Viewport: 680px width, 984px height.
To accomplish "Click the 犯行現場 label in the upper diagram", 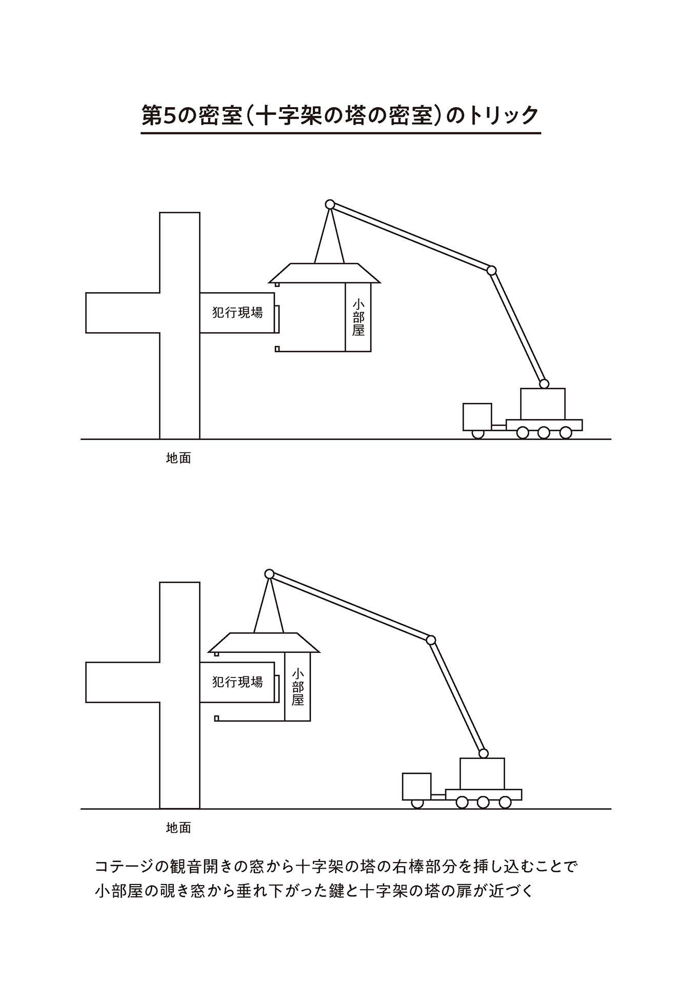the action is [x=237, y=312].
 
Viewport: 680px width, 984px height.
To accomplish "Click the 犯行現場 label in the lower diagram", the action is [x=237, y=682].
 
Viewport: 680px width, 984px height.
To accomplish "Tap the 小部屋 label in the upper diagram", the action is [x=358, y=318].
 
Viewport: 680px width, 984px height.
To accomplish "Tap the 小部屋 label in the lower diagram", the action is [x=298, y=687].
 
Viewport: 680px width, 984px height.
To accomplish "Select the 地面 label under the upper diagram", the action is [x=178, y=458].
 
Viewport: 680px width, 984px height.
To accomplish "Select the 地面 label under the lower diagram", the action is [x=178, y=828].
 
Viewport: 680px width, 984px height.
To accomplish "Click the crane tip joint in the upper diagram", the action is [x=330, y=204].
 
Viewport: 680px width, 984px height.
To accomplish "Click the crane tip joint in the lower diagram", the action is [x=269, y=574].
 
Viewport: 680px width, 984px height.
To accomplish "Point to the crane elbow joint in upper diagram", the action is [x=491, y=270].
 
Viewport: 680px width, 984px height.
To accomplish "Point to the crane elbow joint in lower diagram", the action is [x=431, y=640].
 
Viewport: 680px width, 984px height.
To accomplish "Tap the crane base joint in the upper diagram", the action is [x=544, y=384].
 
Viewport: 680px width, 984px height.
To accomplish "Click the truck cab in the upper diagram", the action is [x=477, y=417].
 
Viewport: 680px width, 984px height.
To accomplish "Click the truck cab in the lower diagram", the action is [x=416, y=786].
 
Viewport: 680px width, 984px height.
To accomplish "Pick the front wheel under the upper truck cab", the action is [x=477, y=434].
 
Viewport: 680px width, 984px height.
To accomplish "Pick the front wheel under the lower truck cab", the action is [x=417, y=804].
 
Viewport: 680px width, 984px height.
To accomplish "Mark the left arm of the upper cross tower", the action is [x=123, y=313].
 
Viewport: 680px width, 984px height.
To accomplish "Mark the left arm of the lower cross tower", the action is [x=123, y=682].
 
